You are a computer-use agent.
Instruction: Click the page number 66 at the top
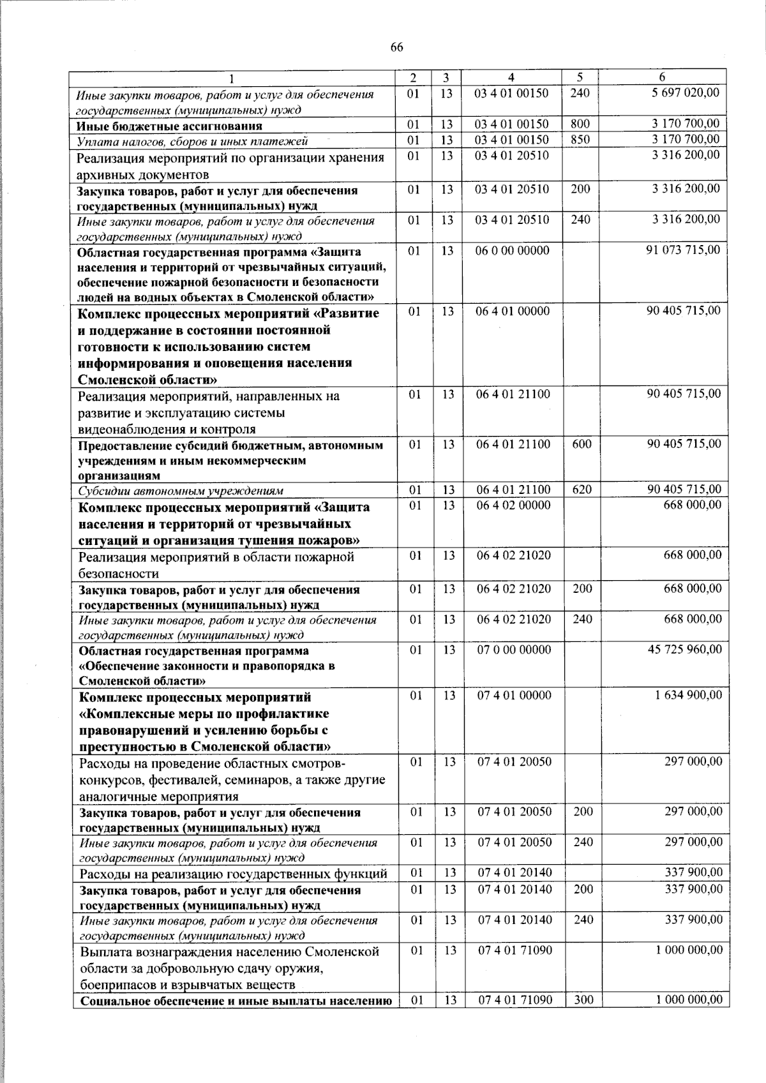[396, 48]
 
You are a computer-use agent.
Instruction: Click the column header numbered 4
[511, 77]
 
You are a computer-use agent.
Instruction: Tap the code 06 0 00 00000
[513, 251]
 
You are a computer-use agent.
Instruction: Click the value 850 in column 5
[580, 140]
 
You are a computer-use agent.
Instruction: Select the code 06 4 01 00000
[513, 311]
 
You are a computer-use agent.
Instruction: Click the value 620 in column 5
[582, 490]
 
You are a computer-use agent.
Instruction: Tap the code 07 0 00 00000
[514, 650]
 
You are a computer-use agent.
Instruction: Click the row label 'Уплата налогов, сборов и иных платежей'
[192, 141]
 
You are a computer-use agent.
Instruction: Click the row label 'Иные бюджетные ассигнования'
[169, 126]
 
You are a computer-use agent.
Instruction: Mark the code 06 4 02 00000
[514, 505]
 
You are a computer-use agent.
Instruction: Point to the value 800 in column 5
[580, 124]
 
